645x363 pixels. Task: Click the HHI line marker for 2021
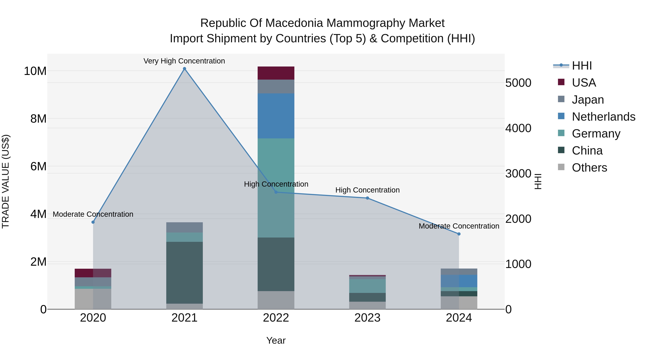click(185, 69)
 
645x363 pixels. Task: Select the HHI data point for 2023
click(367, 198)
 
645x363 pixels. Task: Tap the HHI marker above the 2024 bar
click(459, 234)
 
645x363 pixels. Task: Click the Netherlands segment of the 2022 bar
click(276, 116)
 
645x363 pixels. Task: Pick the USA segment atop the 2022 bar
click(276, 73)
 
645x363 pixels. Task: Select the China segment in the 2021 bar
click(185, 272)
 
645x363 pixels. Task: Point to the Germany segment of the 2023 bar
click(367, 286)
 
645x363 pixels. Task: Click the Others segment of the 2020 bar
click(93, 299)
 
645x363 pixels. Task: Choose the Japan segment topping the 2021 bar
click(185, 227)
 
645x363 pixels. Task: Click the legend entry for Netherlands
click(603, 117)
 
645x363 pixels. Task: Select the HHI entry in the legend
click(581, 66)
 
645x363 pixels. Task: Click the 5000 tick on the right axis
click(518, 83)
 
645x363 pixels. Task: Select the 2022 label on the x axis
click(276, 318)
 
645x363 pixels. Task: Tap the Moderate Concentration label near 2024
click(459, 226)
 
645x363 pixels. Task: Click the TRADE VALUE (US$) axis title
click(6, 181)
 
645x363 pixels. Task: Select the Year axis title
click(276, 340)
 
